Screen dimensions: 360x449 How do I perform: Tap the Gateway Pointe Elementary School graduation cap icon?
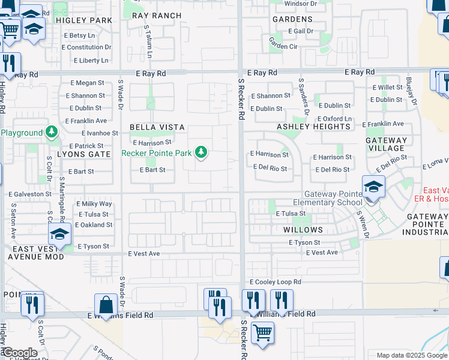pos(373,186)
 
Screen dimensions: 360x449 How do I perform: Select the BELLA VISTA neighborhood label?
pos(151,127)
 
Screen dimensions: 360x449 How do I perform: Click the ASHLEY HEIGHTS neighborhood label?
pos(314,127)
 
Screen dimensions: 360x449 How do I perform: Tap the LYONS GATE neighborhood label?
pos(83,154)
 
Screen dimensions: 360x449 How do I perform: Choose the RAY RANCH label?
pos(156,16)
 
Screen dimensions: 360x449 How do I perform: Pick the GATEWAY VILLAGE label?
pos(386,144)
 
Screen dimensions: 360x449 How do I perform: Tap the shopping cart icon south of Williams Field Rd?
pos(262,332)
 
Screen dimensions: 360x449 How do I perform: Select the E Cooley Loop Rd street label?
pos(274,282)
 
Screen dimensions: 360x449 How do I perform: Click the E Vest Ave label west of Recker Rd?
pos(144,254)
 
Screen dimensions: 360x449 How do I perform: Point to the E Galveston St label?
pos(30,194)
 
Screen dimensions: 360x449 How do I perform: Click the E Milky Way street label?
pos(94,204)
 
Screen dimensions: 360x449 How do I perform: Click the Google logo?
pos(19,353)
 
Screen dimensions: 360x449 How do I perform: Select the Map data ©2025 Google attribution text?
pos(411,355)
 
